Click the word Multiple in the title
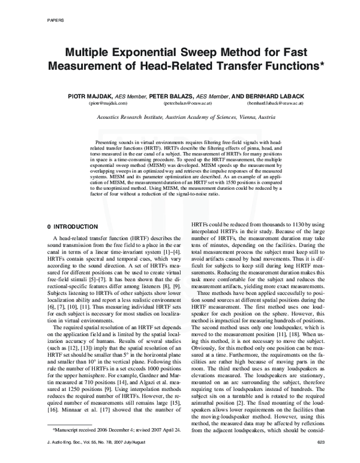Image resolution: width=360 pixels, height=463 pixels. (92, 52)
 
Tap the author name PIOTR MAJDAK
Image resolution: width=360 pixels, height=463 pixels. (97, 96)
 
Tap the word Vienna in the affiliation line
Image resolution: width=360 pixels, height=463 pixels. (242, 118)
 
